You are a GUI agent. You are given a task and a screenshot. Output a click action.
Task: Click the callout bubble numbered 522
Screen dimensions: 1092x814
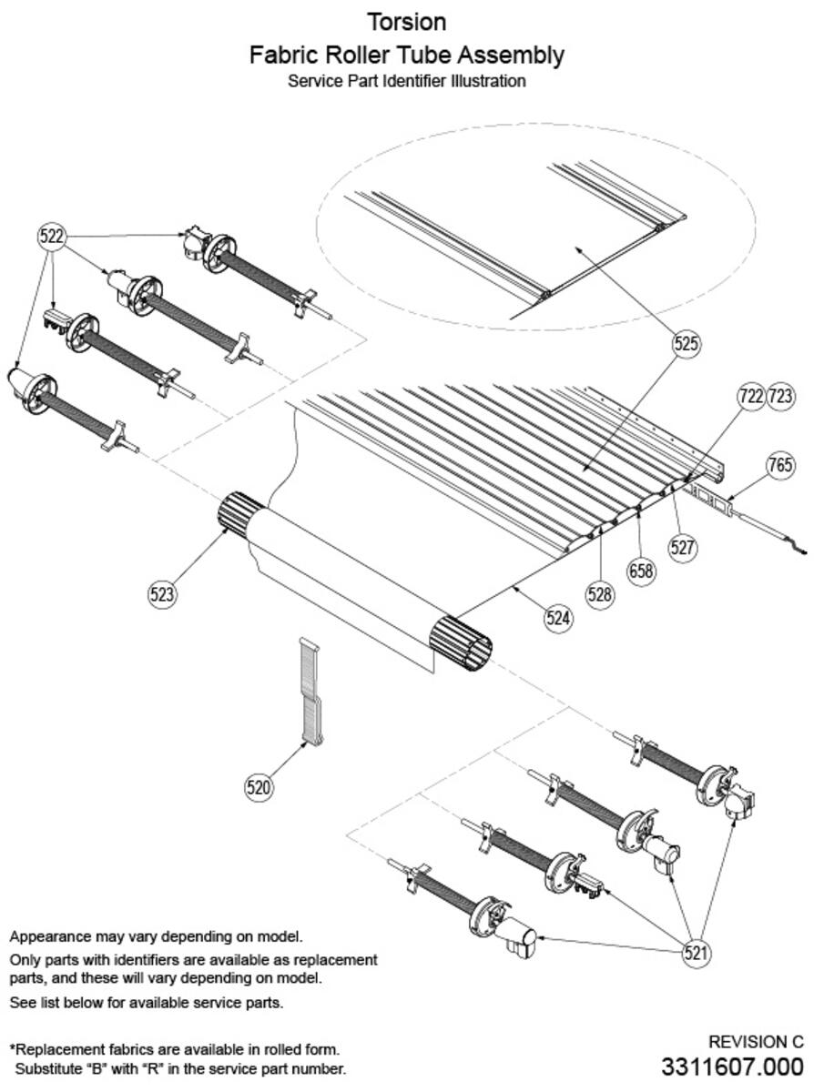point(53,237)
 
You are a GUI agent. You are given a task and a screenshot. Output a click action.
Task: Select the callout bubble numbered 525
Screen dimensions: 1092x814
point(687,343)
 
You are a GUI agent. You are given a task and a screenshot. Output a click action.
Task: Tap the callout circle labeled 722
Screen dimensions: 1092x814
point(751,396)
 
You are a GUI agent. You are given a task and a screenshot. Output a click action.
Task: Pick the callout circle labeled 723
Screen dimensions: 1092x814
point(781,396)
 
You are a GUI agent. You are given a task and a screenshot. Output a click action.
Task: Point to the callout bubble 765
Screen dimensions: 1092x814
point(779,466)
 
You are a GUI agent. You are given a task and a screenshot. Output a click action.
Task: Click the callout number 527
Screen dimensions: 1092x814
point(683,547)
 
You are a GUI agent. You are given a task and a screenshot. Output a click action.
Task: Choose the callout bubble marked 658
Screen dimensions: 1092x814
point(643,571)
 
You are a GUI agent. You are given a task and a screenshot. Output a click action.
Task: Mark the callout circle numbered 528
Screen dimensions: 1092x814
point(600,594)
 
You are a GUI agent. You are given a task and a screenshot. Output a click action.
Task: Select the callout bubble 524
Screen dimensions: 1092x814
point(559,619)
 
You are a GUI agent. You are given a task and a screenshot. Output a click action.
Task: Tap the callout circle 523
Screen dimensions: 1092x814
point(163,594)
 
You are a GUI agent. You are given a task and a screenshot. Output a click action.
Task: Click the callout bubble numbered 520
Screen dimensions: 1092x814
point(259,787)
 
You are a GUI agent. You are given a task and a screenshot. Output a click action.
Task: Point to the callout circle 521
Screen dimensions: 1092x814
point(697,953)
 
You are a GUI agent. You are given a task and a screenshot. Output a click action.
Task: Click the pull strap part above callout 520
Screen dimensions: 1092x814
point(310,692)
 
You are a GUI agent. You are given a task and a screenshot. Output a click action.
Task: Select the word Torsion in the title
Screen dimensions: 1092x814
point(406,21)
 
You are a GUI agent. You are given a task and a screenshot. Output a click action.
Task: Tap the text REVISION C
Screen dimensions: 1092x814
point(756,1042)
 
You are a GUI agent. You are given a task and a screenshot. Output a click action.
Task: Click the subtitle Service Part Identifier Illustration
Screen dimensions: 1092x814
point(406,81)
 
